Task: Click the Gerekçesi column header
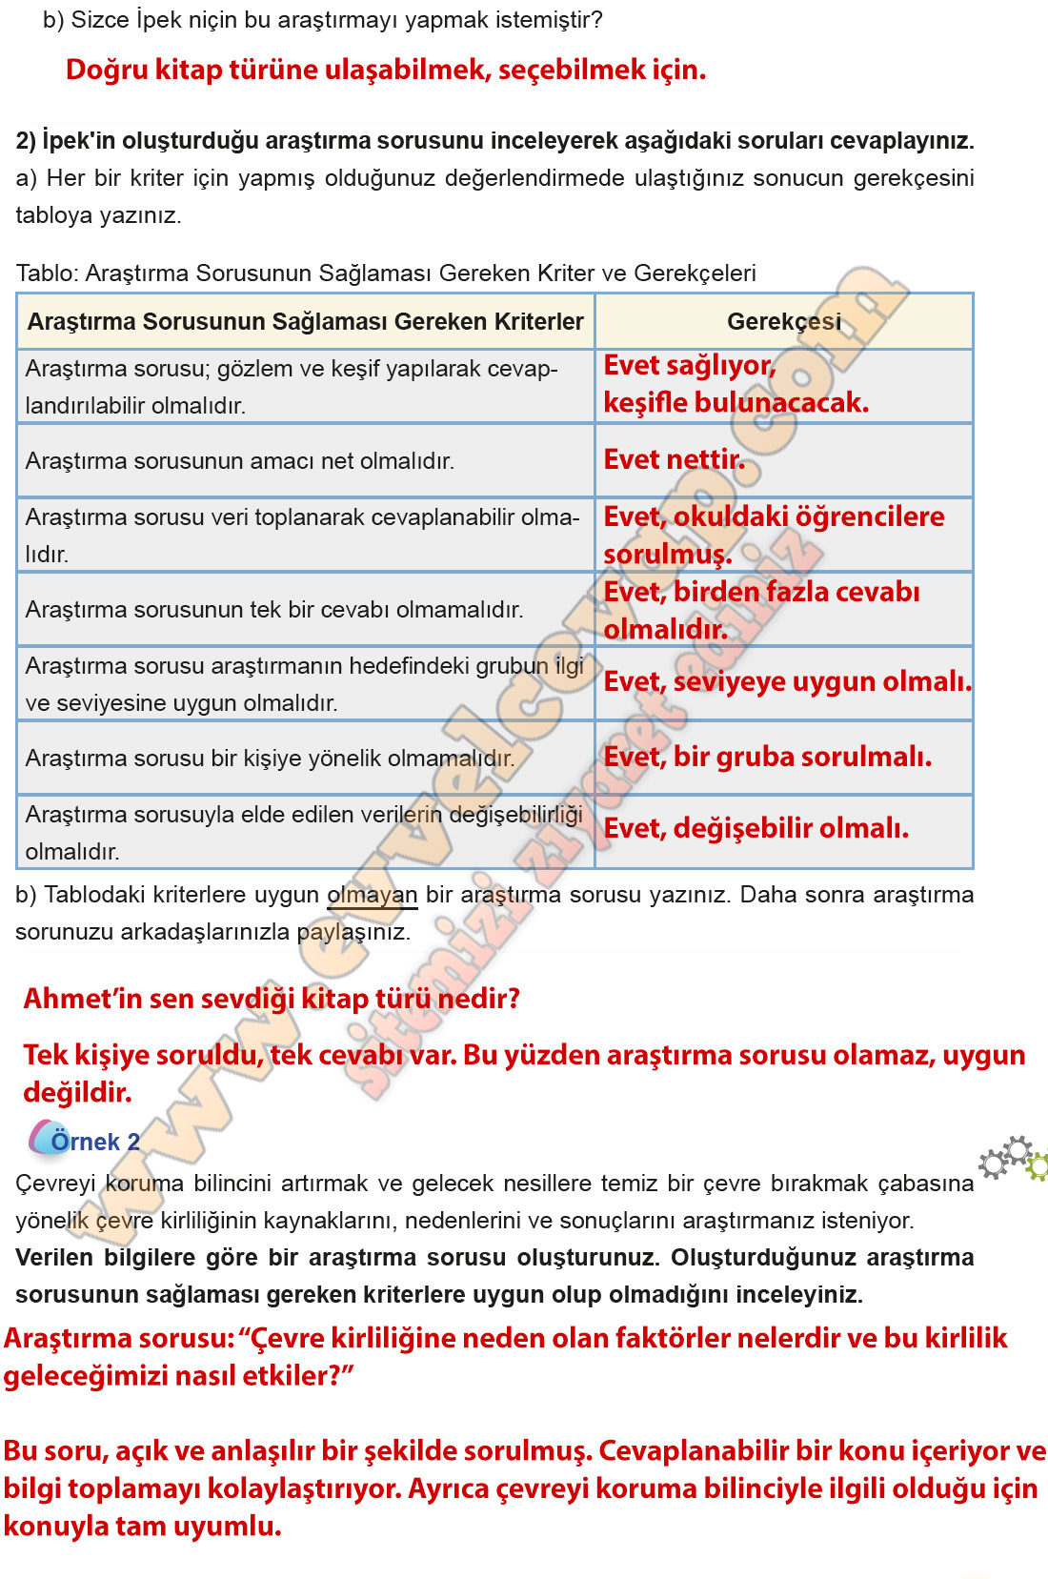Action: click(783, 321)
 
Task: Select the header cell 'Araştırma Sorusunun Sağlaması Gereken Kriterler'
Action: click(305, 321)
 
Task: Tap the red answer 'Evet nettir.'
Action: click(674, 459)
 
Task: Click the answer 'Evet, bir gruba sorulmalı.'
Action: click(768, 757)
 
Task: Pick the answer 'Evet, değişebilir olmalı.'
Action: click(756, 828)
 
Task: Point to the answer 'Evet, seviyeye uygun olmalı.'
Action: click(787, 681)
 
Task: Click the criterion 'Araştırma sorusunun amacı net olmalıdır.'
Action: click(239, 460)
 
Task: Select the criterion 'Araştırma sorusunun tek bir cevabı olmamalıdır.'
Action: click(273, 609)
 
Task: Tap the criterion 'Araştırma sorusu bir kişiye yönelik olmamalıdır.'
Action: click(270, 758)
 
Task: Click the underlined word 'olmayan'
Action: click(372, 895)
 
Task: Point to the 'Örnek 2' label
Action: click(95, 1142)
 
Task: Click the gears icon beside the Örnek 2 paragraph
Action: click(1012, 1158)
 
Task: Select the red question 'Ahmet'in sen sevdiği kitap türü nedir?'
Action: click(272, 999)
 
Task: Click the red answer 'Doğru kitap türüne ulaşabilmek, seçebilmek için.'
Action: click(386, 70)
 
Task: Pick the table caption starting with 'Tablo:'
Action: click(385, 273)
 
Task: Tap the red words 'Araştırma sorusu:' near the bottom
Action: click(119, 1338)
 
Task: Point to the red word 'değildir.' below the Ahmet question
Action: click(77, 1092)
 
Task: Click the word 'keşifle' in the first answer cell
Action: click(645, 402)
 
